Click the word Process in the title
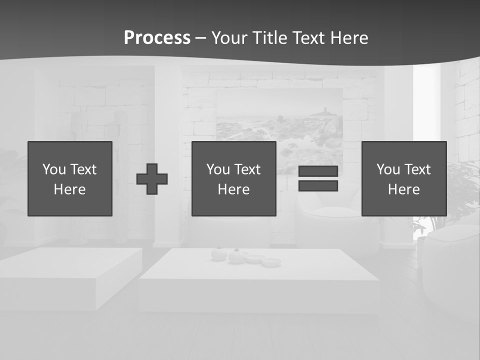point(157,38)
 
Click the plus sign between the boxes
point(152,179)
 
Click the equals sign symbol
point(318,178)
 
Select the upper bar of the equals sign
point(318,171)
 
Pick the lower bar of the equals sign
point(318,186)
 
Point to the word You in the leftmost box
point(53,169)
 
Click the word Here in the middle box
point(234,189)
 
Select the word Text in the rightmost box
point(417,169)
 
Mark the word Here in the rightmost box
point(404,189)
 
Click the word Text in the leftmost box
point(83,169)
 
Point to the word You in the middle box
point(217,169)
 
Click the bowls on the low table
point(245,257)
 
